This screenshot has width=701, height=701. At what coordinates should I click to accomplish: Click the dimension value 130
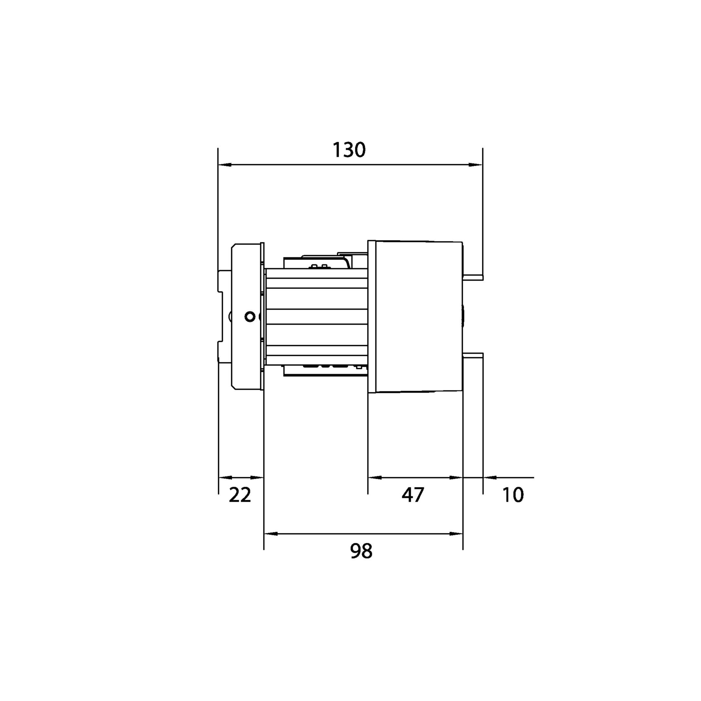(349, 150)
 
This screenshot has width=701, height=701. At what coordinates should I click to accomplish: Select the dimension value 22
(240, 495)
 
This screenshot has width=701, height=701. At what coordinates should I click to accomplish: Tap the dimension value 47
(412, 495)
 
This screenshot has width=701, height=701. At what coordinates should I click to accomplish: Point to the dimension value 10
(513, 495)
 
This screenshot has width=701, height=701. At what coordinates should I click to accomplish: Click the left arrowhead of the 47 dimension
(375, 477)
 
